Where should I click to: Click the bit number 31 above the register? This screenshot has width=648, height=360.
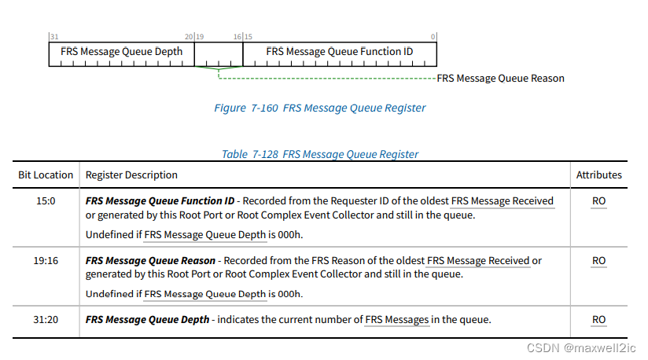point(53,37)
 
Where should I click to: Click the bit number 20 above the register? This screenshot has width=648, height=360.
point(189,37)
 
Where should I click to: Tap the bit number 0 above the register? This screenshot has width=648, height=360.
point(433,37)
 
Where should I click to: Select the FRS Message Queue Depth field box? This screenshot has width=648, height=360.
point(122,52)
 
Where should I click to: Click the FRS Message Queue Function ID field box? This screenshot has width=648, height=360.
point(340,52)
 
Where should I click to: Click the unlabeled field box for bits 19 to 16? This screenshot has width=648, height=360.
point(219,53)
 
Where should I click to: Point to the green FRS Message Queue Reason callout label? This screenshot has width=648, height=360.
point(500,79)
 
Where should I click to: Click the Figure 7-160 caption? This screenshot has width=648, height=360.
point(320,108)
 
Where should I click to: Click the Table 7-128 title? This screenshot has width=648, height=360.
point(319,154)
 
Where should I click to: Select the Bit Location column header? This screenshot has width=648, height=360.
point(46,174)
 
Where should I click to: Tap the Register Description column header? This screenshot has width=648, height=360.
point(131,174)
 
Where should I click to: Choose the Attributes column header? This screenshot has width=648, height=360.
point(598,174)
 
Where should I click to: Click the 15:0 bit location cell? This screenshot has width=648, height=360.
point(46,201)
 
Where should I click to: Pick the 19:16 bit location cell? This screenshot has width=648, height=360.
point(46,260)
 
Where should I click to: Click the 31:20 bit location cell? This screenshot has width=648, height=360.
point(46,319)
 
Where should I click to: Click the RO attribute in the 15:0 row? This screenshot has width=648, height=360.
point(598,201)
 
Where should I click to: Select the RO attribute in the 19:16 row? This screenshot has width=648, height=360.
point(598,260)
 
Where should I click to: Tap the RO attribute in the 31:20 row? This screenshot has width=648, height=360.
point(598,319)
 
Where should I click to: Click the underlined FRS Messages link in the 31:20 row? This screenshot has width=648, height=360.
point(397,320)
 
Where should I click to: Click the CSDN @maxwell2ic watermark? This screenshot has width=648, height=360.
point(582,347)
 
